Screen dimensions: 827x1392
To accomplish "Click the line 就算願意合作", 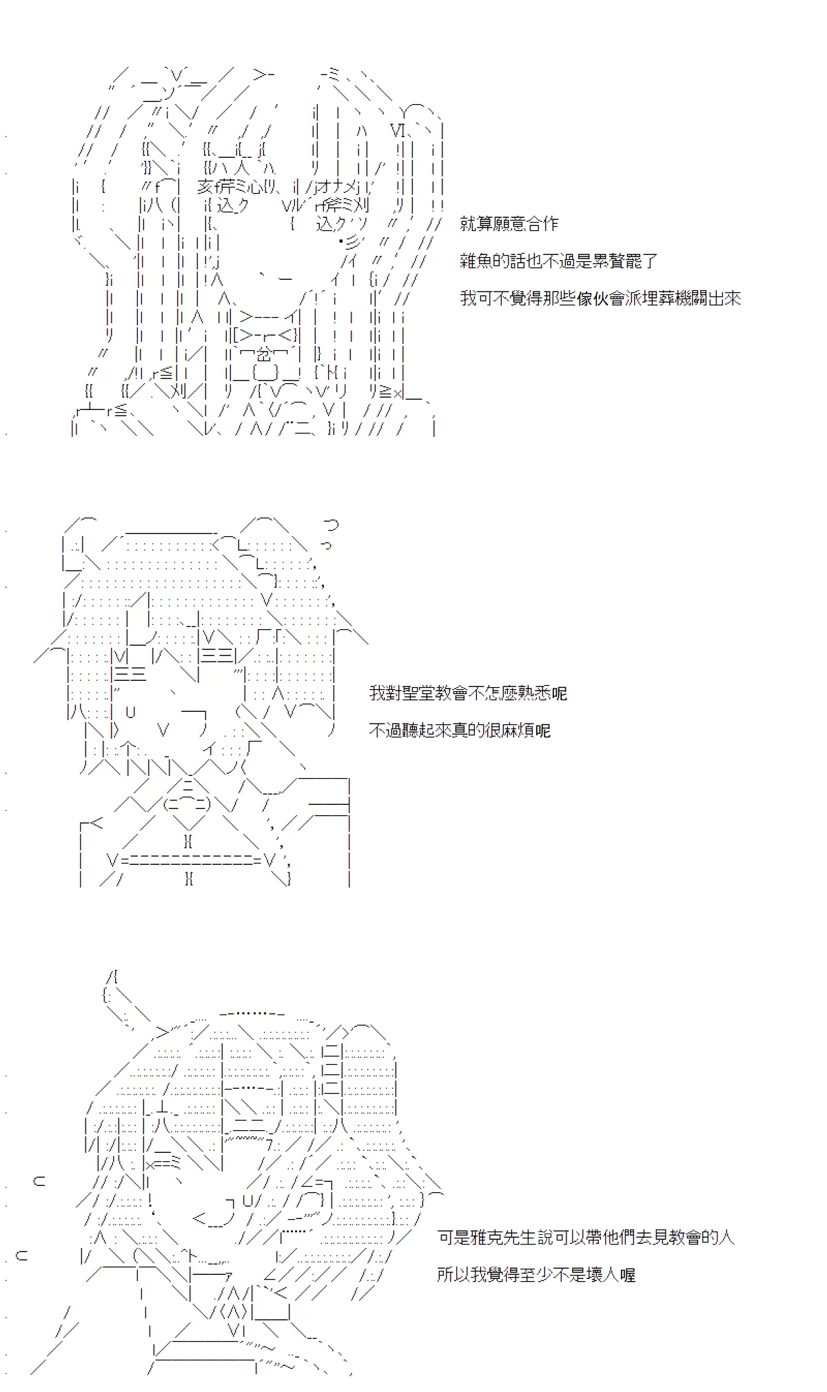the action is click(509, 224).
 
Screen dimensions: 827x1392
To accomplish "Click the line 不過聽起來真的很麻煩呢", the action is click(460, 730).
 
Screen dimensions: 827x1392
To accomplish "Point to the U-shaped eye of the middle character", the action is click(131, 711).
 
